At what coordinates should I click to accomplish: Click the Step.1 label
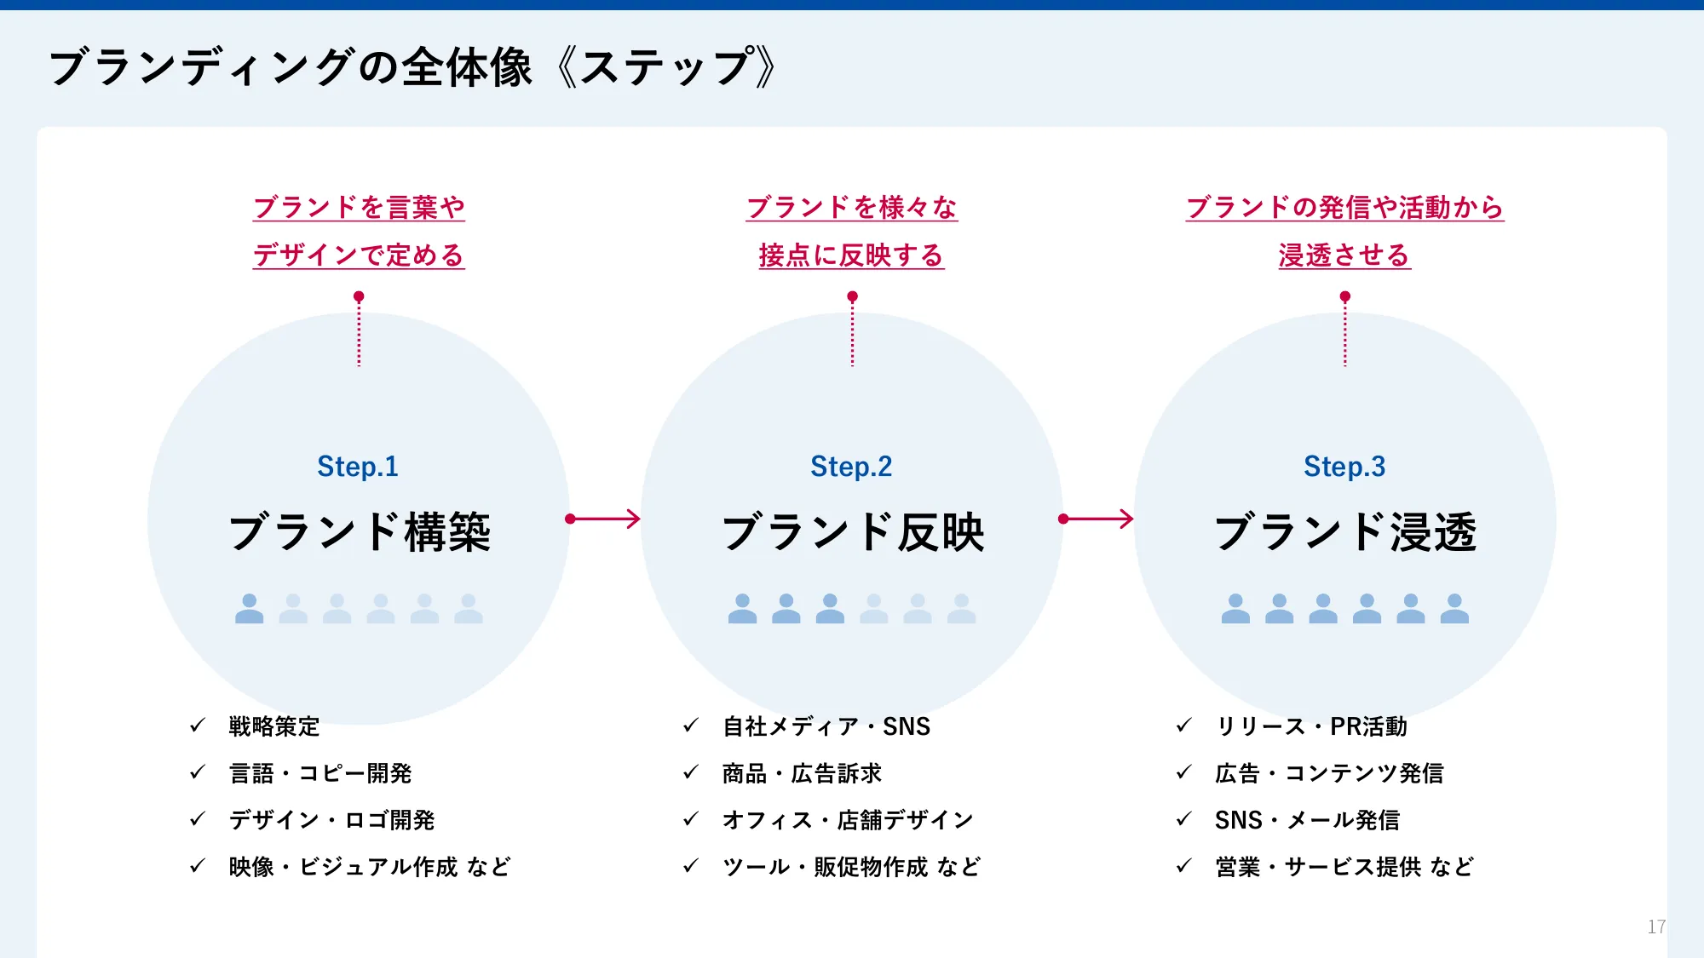358,467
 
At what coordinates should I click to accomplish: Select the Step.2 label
851,467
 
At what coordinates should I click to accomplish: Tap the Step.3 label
1344,467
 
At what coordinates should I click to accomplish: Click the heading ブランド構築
360,532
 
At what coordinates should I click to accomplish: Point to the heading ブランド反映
853,532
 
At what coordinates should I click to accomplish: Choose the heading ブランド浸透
1345,532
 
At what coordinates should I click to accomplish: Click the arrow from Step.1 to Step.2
603,519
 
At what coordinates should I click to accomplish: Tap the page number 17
1656,926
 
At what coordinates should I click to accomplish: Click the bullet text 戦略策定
274,726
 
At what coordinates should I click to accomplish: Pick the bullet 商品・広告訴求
802,773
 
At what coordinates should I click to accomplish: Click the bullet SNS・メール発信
1307,820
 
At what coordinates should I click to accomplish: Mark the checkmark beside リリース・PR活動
1183,726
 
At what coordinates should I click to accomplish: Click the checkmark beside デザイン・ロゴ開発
198,819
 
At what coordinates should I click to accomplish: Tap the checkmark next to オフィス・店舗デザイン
691,819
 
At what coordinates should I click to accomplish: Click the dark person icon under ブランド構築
249,609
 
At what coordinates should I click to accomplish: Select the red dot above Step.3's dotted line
1344,296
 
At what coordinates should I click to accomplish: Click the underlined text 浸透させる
1344,255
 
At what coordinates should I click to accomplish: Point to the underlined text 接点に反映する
851,255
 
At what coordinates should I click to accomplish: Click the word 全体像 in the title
467,67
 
